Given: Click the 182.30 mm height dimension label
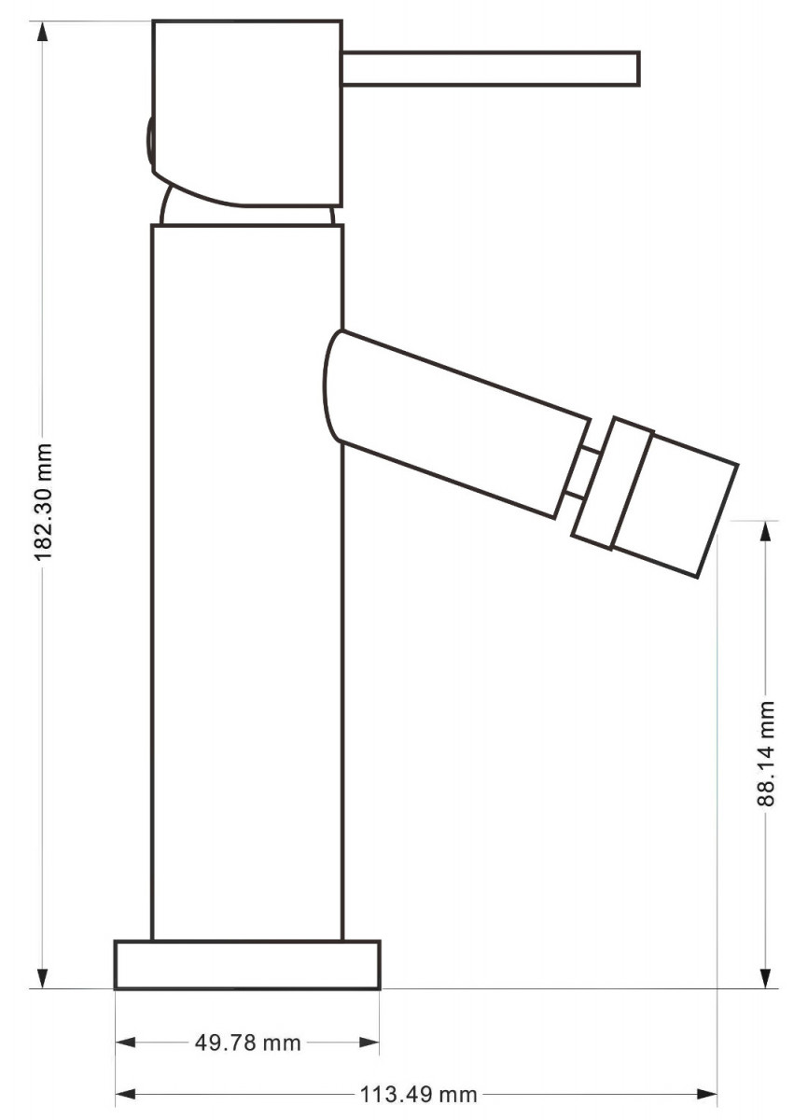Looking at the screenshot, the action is pos(44,501).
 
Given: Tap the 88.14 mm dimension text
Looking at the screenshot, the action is pos(765,753).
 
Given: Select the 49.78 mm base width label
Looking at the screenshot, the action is pos(248,1040).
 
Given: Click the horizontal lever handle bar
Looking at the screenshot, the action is pos(491,67).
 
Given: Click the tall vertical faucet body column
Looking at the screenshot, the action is pos(247,582).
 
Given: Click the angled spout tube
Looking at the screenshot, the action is pos(454,424).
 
